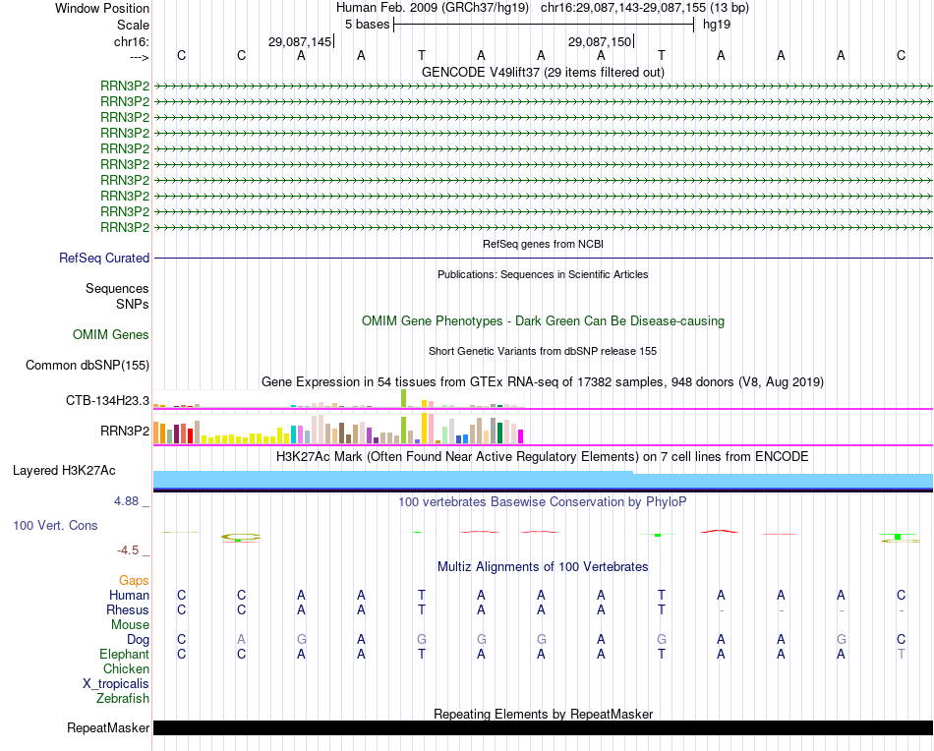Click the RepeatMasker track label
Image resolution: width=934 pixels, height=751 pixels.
(107, 728)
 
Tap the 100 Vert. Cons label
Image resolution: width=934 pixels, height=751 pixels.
(55, 526)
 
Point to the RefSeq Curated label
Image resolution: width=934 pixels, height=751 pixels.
(104, 259)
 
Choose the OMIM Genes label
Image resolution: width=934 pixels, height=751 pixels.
(111, 335)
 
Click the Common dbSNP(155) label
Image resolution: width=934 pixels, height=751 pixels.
(87, 366)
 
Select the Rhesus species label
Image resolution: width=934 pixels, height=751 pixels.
(128, 609)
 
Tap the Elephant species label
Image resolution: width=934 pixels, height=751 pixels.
(124, 654)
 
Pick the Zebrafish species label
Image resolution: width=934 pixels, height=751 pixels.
(122, 699)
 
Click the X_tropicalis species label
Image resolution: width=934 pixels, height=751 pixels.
(116, 684)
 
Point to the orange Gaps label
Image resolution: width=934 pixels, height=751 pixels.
(134, 581)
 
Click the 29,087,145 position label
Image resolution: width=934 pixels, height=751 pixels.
(300, 41)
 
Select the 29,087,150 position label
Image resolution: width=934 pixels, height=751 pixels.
(600, 41)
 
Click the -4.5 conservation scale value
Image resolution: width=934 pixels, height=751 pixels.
(131, 550)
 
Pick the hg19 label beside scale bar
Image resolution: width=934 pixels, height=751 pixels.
(717, 25)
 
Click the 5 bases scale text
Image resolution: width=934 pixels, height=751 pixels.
(367, 25)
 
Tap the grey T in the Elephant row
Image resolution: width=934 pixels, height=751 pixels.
(901, 654)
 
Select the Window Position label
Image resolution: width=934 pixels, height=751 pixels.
(102, 8)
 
